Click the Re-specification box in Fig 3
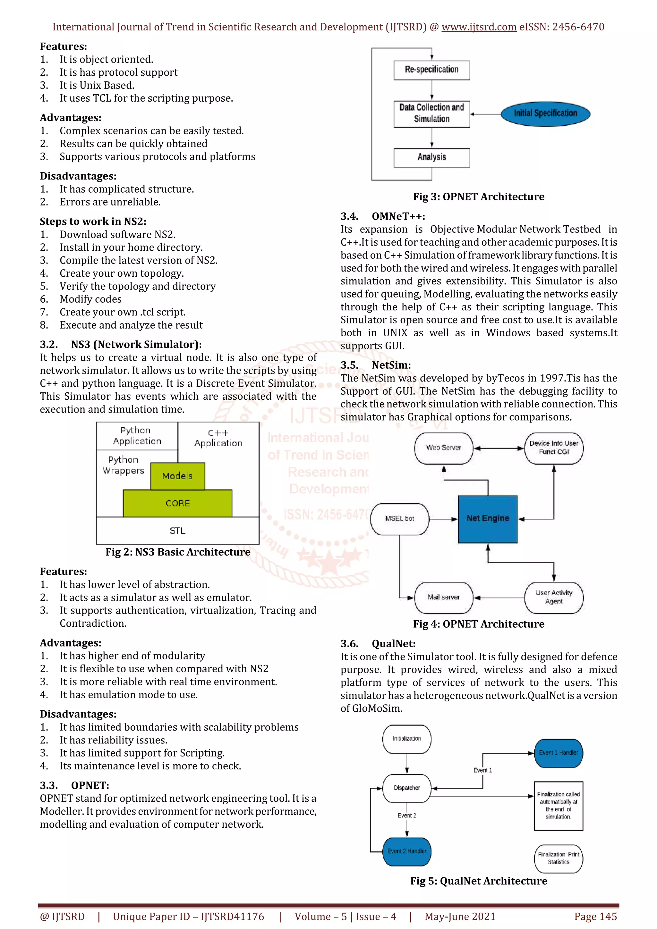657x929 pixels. [431, 70]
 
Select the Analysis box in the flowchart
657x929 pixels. [431, 157]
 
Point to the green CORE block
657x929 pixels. [177, 503]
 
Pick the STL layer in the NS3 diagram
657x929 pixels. [177, 531]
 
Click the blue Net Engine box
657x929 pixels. [487, 519]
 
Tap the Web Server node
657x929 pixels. [443, 448]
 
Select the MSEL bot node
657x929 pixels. [399, 519]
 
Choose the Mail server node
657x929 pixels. [443, 597]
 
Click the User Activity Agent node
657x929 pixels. [553, 597]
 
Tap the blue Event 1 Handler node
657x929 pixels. [558, 753]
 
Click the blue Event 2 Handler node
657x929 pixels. [406, 851]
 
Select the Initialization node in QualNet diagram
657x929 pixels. [406, 739]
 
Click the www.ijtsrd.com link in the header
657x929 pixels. [479, 27]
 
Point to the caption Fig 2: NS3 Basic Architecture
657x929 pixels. [178, 552]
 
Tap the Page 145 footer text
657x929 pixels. [595, 916]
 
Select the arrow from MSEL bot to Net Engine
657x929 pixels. [443, 519]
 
